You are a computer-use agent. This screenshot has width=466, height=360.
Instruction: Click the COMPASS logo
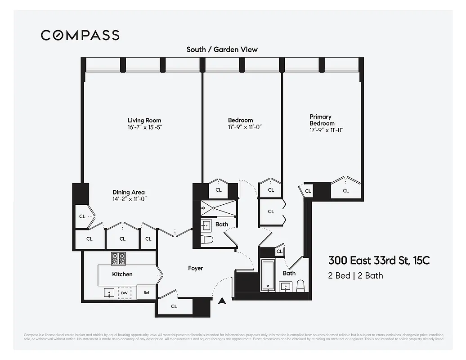[x=80, y=35]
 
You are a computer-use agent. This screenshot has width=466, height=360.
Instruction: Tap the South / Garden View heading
[x=222, y=49]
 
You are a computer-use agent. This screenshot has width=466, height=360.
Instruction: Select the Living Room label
[x=144, y=120]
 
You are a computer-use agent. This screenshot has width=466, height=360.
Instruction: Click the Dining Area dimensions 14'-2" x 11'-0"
[x=130, y=199]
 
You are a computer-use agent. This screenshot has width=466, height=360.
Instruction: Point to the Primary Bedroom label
[x=322, y=120]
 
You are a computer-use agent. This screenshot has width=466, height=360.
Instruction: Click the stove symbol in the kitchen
[x=118, y=259]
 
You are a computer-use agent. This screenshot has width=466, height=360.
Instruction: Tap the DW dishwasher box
[x=125, y=293]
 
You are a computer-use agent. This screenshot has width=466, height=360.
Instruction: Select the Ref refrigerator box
[x=146, y=292]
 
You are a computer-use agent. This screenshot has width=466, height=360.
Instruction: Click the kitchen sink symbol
[x=109, y=293]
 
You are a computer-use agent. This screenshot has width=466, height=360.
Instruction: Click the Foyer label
[x=195, y=268]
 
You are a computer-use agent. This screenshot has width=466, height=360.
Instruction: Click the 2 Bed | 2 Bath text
[x=355, y=275]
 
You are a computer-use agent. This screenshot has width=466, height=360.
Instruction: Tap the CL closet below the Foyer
[x=174, y=306]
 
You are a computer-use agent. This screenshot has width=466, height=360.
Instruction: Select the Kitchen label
[x=122, y=274]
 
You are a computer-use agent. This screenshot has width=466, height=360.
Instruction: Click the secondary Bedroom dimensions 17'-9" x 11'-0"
[x=245, y=127]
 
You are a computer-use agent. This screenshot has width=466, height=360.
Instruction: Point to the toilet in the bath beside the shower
[x=207, y=240]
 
